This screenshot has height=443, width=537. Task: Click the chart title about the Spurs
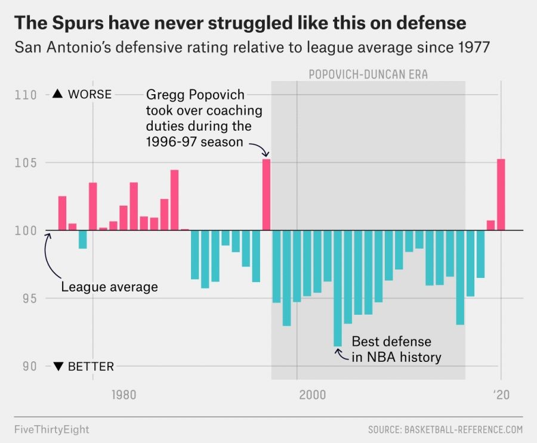pos(240,24)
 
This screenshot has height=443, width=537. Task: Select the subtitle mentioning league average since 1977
pos(252,48)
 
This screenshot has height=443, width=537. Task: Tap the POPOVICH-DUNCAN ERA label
pos(368,75)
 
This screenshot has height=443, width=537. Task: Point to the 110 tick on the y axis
pos(30,95)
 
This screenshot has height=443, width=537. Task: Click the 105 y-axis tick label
pos(30,163)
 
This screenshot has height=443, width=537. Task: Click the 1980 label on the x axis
pos(124,395)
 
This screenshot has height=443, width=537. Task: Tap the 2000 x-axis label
pos(311,395)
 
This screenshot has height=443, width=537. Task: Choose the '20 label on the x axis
pos(501,395)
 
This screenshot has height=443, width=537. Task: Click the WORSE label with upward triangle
pos(82,94)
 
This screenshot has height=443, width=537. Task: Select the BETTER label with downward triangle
pos(83,367)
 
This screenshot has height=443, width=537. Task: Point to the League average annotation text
pos(110,287)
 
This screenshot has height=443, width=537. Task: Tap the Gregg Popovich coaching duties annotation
pos(204,118)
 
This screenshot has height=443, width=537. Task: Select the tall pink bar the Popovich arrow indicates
pos(266,194)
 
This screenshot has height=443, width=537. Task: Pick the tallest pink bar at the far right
pos(501,194)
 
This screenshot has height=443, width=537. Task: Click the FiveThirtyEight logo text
pos(52,429)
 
